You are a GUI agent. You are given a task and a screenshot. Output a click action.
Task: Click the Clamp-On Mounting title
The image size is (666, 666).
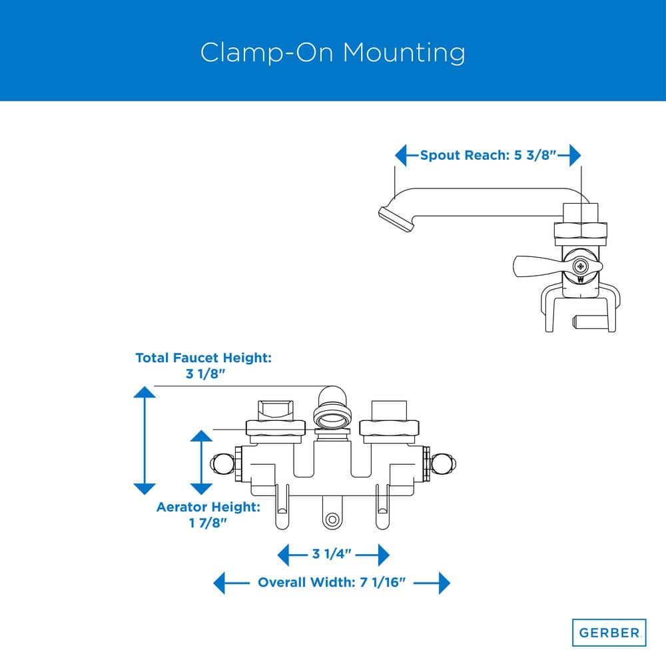[x=333, y=53]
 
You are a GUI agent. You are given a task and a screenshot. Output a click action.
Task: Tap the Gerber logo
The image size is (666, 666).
[x=609, y=632]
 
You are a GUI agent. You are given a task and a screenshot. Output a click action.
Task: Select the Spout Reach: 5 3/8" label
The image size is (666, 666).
[x=488, y=156]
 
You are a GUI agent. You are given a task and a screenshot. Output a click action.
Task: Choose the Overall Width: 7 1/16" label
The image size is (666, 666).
[x=332, y=583]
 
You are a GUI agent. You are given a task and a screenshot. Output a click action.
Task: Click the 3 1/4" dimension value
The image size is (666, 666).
[x=332, y=553]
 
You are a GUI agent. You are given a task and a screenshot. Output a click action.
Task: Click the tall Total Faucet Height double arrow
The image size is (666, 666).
[x=145, y=440]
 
